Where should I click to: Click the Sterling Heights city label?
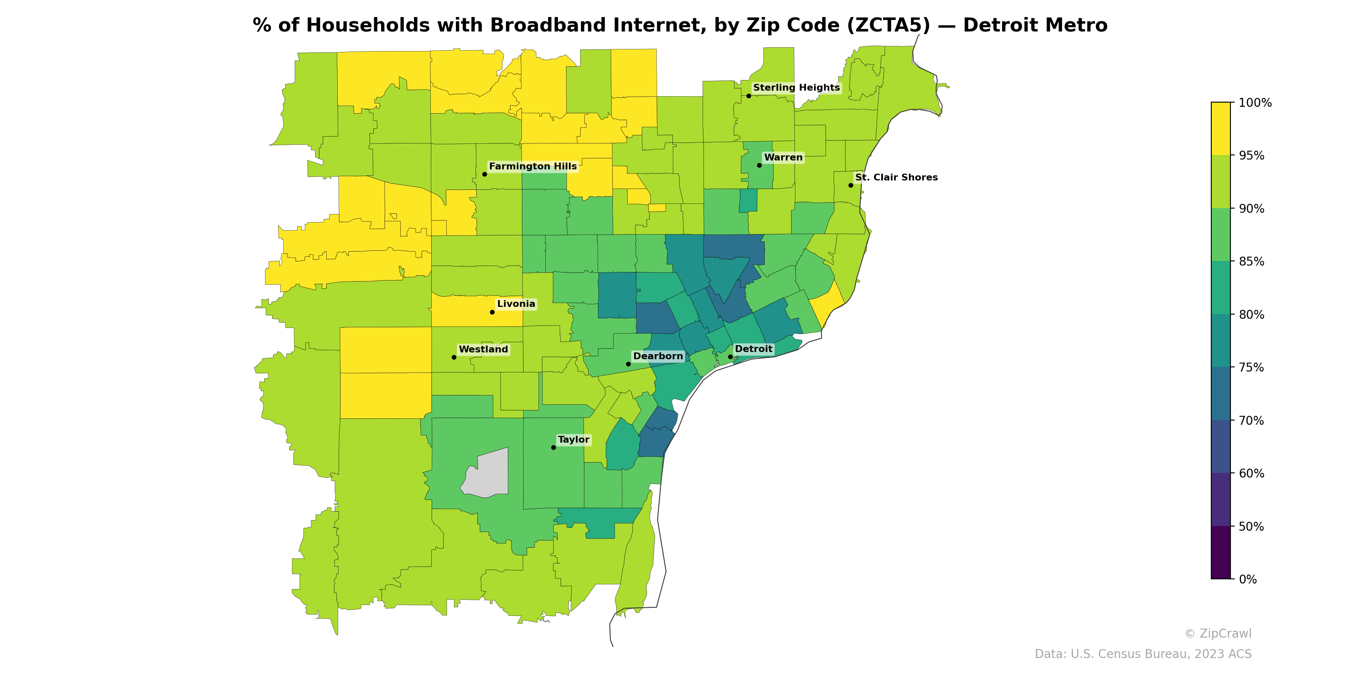click(x=796, y=88)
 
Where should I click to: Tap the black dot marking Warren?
click(x=759, y=166)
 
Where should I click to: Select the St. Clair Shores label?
click(x=896, y=177)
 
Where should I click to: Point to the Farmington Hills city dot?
click(x=484, y=175)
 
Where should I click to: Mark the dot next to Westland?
click(x=454, y=358)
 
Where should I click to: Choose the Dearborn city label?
click(x=658, y=356)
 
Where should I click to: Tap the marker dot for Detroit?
click(x=730, y=357)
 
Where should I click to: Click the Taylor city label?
click(x=573, y=440)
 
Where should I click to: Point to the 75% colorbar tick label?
click(x=1251, y=367)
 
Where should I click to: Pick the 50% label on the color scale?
click(x=1251, y=526)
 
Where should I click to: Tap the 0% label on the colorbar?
click(x=1247, y=579)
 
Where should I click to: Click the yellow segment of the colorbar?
click(x=1221, y=129)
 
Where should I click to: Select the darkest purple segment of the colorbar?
click(x=1221, y=552)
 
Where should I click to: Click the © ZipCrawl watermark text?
click(x=1218, y=633)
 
